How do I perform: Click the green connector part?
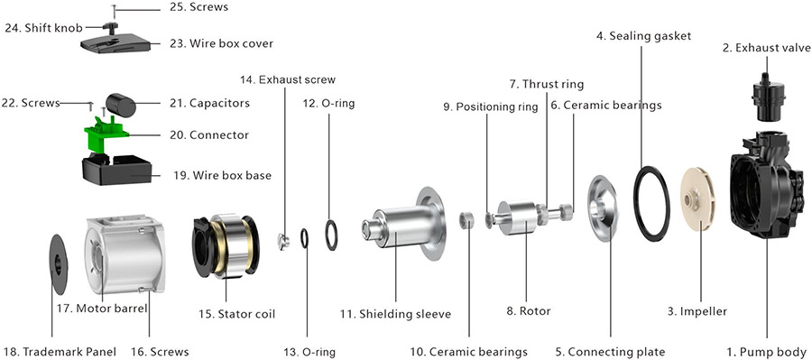click(x=106, y=134)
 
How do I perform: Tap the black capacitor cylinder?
click(x=121, y=105)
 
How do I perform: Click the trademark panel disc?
click(x=57, y=264)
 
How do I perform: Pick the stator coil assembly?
click(x=226, y=245)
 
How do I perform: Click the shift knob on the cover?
click(x=110, y=26)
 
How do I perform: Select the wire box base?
click(x=117, y=170)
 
